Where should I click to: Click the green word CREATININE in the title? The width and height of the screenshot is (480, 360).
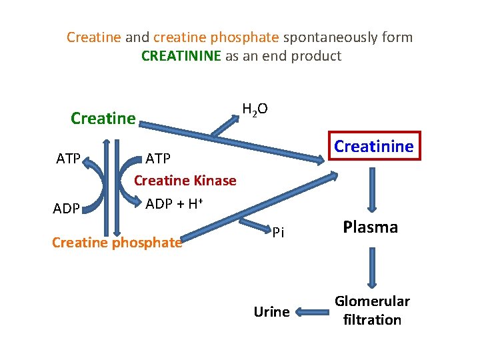coord(181,56)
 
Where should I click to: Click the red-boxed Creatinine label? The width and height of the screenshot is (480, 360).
coord(374,146)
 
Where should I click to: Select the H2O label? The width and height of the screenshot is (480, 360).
coord(255,109)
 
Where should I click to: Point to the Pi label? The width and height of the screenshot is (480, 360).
coord(278,232)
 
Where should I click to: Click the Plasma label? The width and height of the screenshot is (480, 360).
coord(370,227)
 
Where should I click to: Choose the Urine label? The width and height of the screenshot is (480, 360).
coord(271,312)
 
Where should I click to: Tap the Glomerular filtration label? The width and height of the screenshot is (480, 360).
coord(372,311)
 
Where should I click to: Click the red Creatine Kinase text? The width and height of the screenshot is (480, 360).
coord(185,181)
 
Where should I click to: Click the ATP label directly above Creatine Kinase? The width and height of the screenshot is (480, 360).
coord(159,159)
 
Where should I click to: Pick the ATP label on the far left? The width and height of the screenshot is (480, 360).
coord(69,159)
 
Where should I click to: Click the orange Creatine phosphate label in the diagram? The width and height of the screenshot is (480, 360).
coord(117,243)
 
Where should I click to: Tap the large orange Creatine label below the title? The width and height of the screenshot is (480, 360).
coord(103,119)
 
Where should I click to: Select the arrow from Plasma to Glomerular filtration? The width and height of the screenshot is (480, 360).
coord(371,267)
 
